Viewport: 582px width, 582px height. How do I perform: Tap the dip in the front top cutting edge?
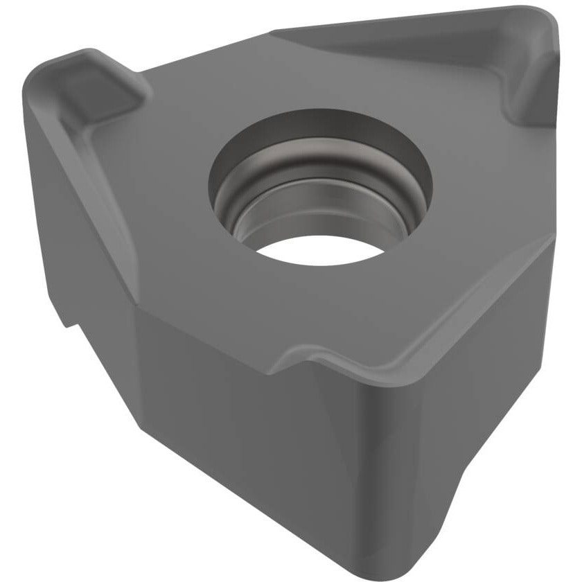coord(312,360)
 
